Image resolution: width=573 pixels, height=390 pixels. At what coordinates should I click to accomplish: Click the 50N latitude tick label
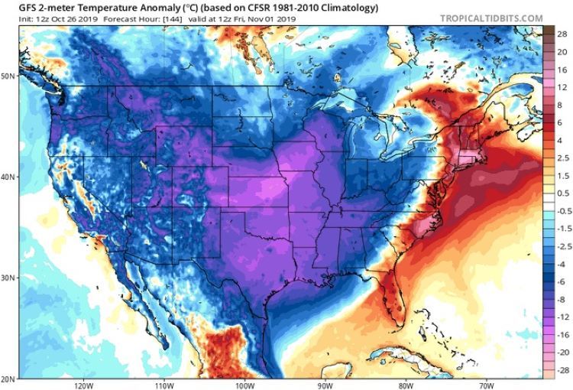pos(8,76)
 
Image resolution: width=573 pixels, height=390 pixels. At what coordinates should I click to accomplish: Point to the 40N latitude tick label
pos(8,177)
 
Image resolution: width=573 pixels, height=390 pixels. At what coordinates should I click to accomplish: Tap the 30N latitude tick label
pos(8,278)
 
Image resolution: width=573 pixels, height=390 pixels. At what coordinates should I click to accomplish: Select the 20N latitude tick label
pos(8,379)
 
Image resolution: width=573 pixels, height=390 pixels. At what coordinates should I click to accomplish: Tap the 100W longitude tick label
pos(244,385)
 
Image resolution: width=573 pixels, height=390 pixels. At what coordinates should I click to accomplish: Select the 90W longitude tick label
pos(326,385)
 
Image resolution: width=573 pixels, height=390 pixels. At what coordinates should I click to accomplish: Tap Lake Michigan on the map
pos(345,149)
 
